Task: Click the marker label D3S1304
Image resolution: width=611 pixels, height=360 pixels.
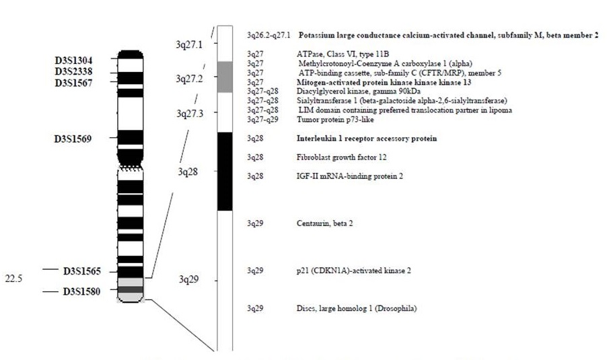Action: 78,59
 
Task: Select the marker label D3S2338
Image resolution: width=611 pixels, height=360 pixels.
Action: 78,71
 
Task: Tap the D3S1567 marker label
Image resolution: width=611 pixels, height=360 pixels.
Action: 78,82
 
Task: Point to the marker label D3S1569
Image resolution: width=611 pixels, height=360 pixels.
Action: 78,139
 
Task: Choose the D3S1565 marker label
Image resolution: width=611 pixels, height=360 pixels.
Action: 82,271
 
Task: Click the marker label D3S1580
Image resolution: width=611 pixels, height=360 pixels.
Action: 82,291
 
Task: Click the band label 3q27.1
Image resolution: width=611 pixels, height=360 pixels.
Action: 189,44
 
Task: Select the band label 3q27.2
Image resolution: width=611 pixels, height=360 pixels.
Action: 189,79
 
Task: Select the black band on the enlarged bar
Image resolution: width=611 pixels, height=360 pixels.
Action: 225,171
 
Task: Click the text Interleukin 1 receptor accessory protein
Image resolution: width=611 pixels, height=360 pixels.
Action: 367,139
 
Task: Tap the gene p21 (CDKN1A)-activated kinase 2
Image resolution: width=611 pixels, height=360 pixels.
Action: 353,271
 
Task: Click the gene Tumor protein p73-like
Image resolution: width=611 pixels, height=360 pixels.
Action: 334,119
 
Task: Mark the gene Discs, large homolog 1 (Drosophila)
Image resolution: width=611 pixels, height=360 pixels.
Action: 357,309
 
